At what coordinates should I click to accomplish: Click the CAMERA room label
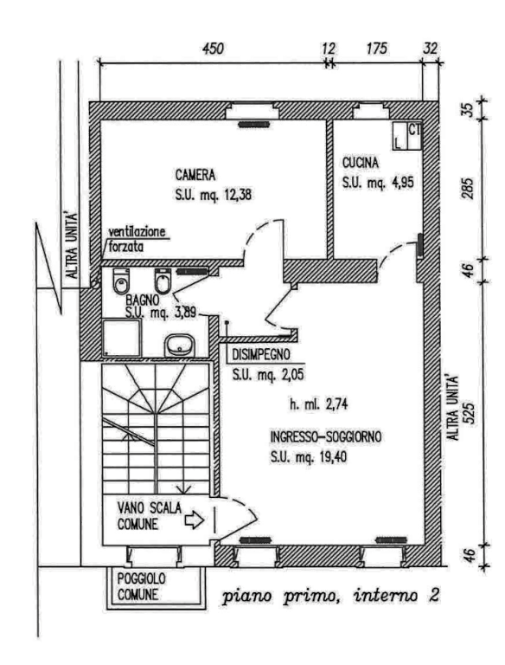pos(195,175)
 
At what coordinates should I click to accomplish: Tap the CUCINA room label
pos(360,163)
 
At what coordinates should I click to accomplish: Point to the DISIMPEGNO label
pos(261,354)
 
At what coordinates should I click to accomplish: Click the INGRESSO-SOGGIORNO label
pos(326,436)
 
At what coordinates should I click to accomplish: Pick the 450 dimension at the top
pos(213,48)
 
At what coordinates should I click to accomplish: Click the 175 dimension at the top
pos(377,48)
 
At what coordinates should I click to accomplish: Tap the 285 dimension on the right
pos(468,188)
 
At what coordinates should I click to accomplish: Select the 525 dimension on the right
pos(470,413)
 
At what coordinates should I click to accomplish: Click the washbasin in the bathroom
pos(180,345)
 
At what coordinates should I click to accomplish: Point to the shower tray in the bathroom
pos(122,338)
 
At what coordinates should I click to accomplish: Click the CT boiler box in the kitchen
pos(415,136)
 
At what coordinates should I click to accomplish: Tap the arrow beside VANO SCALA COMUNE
pos(195,520)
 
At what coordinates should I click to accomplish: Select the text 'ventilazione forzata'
pos(137,240)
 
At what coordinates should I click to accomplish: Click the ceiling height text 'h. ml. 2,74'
pos(318,404)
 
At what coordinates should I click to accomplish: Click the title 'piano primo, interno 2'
pos(331,596)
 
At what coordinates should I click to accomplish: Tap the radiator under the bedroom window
pos(253,125)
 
